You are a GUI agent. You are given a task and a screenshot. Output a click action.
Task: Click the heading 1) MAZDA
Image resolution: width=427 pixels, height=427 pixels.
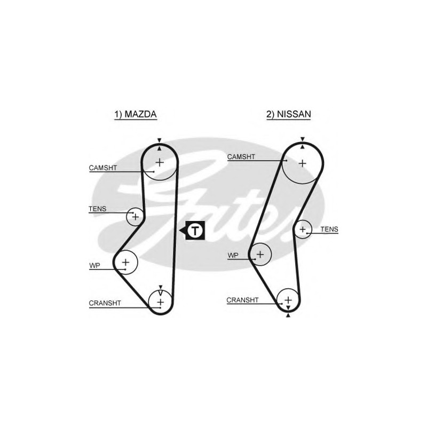(x=136, y=114)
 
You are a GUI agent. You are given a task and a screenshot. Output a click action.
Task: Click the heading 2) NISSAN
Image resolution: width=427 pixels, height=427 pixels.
(x=289, y=114)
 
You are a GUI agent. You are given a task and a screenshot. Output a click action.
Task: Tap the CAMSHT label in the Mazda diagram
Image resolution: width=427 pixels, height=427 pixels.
(x=103, y=168)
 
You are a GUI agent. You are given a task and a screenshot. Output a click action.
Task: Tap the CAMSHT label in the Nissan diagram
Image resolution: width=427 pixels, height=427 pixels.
(x=241, y=157)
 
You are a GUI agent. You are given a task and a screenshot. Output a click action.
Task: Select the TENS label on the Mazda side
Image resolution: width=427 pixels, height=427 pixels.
(x=97, y=209)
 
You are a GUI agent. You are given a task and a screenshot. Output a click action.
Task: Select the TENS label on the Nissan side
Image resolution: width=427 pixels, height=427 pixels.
(x=329, y=230)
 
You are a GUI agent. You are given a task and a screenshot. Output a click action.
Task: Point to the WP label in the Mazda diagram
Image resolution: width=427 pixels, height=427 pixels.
(x=94, y=265)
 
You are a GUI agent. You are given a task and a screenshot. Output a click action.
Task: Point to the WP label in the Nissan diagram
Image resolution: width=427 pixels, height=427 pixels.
(x=233, y=256)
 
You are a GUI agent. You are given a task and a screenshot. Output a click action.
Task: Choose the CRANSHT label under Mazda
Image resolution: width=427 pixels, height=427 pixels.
(x=105, y=303)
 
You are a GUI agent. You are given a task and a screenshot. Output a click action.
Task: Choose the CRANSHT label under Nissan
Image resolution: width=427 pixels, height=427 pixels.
(x=242, y=300)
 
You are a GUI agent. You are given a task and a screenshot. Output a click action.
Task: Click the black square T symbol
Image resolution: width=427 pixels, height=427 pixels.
(x=195, y=231)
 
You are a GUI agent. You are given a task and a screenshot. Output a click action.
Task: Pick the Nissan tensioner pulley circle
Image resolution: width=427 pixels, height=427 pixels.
(x=303, y=230)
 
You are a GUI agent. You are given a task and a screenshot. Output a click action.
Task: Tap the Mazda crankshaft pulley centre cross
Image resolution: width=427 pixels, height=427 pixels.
(x=161, y=302)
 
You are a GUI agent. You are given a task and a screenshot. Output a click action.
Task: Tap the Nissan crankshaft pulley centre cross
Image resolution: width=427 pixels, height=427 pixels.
(x=288, y=300)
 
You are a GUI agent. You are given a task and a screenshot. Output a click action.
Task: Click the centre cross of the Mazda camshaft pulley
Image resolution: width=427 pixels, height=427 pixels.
(x=160, y=163)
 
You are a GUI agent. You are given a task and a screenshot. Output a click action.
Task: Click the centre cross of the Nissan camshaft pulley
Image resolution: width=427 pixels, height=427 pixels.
(x=302, y=163)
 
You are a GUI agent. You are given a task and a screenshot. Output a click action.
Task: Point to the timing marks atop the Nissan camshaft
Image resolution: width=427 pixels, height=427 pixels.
(x=302, y=143)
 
